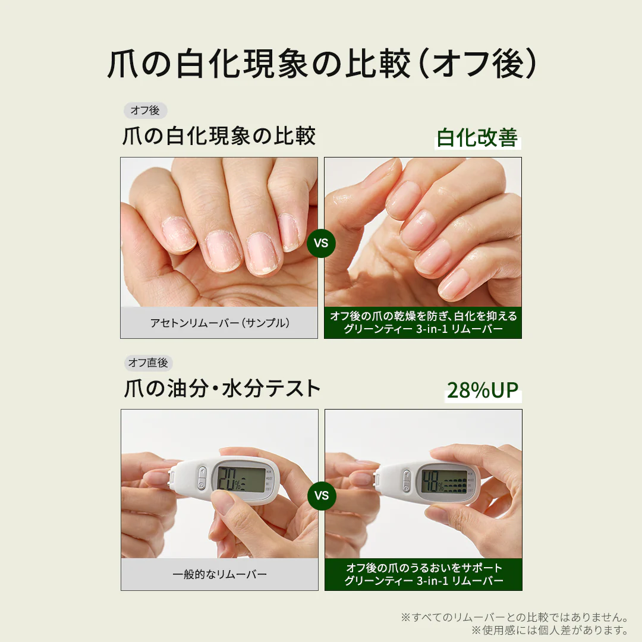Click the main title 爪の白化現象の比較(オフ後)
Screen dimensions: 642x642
322,64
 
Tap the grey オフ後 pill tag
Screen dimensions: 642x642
146,111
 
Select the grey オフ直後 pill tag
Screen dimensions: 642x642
148,363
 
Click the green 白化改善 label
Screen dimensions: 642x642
477,137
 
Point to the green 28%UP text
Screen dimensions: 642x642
483,390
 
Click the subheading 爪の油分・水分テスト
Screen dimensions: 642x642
222,388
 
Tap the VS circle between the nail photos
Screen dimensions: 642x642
322,243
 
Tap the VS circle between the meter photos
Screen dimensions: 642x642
322,495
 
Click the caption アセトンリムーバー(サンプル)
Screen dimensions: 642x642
220,323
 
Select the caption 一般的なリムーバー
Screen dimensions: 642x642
220,574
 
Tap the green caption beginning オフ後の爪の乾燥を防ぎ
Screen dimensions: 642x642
423,322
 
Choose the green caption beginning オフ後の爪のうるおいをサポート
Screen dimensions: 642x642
424,574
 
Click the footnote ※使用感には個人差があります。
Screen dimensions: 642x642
550,630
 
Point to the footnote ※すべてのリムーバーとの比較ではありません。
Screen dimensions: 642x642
515,617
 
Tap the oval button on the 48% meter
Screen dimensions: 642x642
407,481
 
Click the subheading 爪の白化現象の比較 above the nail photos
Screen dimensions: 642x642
219,136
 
